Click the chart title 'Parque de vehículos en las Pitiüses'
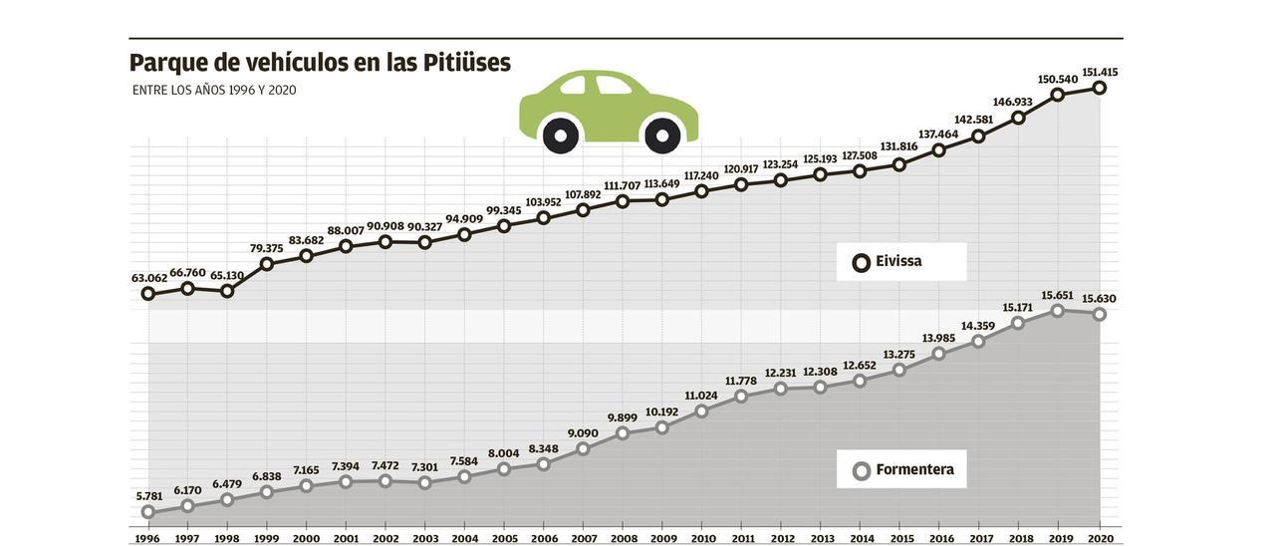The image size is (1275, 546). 320,63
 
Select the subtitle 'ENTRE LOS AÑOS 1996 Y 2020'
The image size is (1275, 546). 214,91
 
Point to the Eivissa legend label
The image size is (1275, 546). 898,262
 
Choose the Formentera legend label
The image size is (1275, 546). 914,470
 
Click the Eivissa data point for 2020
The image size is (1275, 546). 1100,88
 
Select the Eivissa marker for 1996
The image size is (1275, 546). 148,294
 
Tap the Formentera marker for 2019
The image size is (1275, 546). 1058,311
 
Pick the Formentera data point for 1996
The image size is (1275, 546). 148,512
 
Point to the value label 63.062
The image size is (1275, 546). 148,278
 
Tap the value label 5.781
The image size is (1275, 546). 148,496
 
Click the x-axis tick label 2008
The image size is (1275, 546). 624,539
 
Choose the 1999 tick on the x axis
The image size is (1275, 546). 267,539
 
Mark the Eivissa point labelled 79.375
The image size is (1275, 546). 267,264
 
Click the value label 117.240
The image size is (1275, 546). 701,175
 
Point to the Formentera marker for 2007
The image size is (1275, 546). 584,449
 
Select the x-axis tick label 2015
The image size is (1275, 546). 901,539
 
